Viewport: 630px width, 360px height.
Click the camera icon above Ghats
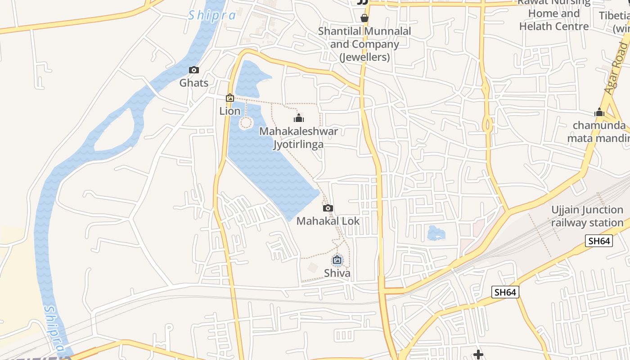coord(194,70)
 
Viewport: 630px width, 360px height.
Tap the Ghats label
coord(194,83)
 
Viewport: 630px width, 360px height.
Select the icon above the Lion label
coord(230,98)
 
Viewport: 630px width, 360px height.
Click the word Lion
coord(230,111)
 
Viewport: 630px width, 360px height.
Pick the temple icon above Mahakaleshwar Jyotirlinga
coord(298,118)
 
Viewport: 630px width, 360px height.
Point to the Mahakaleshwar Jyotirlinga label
coord(298,138)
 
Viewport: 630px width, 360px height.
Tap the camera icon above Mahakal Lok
coord(328,208)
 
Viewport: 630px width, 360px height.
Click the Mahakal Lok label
coord(328,221)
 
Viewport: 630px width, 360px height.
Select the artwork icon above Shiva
coord(337,260)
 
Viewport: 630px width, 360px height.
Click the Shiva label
coord(337,273)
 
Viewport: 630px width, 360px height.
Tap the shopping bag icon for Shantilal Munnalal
coord(364,18)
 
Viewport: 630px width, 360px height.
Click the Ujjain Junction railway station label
coord(587,216)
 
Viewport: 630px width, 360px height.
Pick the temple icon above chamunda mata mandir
coord(599,112)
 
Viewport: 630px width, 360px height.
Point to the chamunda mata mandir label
coord(599,131)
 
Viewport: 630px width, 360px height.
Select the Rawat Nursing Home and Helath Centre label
coord(554,16)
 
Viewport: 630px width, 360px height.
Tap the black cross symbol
coord(478,355)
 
